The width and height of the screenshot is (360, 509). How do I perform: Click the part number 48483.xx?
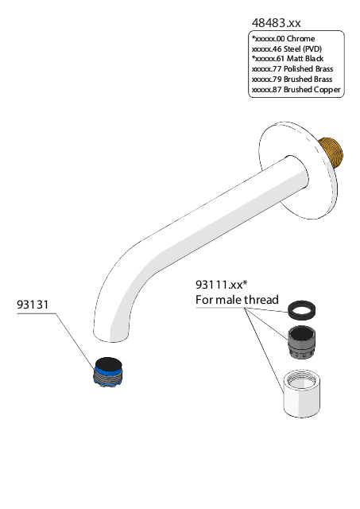[x=276, y=23]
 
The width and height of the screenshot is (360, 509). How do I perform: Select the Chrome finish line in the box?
[x=283, y=39]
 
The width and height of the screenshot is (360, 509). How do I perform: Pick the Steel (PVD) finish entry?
[x=287, y=49]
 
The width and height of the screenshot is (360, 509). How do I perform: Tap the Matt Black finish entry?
[x=288, y=59]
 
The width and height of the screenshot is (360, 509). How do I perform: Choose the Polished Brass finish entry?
[x=292, y=69]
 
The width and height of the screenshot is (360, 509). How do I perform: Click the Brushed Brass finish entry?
[x=292, y=80]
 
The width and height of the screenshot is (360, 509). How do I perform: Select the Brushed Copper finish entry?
[x=296, y=90]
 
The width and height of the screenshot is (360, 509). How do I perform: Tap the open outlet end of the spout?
[x=110, y=336]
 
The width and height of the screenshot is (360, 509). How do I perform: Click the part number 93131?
[x=33, y=305]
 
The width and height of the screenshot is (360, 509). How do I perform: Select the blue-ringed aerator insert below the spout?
[x=108, y=372]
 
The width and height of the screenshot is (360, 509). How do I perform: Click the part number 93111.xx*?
[x=222, y=285]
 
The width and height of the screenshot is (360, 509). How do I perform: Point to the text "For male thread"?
[x=237, y=300]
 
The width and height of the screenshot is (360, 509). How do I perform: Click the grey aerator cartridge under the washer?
[x=302, y=342]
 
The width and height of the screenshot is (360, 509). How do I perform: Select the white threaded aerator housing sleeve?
[x=302, y=394]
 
